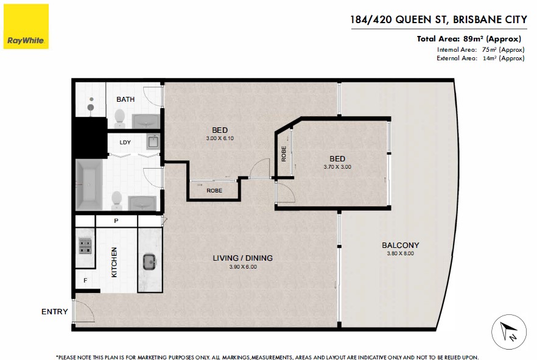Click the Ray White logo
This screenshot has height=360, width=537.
26,26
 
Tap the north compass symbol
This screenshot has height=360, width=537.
508,332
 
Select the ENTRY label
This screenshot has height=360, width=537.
54,312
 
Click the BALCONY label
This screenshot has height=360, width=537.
401,245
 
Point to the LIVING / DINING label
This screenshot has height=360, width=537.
243,258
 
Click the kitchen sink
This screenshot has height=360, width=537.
150,262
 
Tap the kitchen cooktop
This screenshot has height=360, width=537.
85,245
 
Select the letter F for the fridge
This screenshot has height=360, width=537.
85,281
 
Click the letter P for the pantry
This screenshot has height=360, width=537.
116,221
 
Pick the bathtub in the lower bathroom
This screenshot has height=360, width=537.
89,185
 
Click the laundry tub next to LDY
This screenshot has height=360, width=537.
153,142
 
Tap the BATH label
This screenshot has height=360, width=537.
125,99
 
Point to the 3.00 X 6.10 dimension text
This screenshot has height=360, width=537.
220,138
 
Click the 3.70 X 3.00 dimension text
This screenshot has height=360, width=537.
337,167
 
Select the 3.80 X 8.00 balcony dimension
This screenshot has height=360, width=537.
401,253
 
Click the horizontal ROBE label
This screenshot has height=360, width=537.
214,191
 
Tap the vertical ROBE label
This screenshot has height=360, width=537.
284,154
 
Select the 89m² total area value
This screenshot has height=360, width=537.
473,39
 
